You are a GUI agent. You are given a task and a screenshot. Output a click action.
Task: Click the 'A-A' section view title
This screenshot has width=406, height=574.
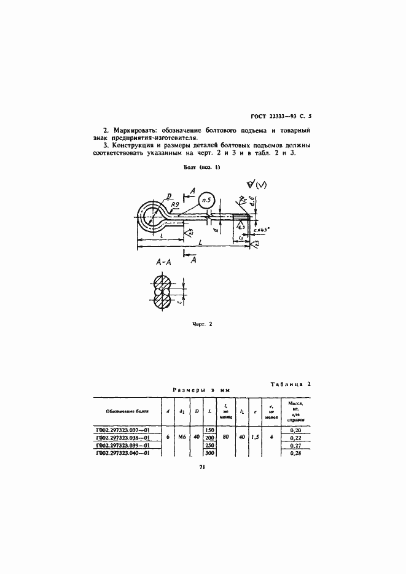(163, 262)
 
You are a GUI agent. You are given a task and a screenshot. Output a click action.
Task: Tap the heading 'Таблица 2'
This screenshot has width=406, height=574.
(291, 384)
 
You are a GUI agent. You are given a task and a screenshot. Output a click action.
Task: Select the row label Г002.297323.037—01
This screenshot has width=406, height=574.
(124, 430)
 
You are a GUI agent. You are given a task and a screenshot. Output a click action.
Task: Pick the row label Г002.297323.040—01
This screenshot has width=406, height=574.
(124, 452)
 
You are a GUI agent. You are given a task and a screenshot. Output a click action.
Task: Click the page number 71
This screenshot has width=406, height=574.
(201, 467)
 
